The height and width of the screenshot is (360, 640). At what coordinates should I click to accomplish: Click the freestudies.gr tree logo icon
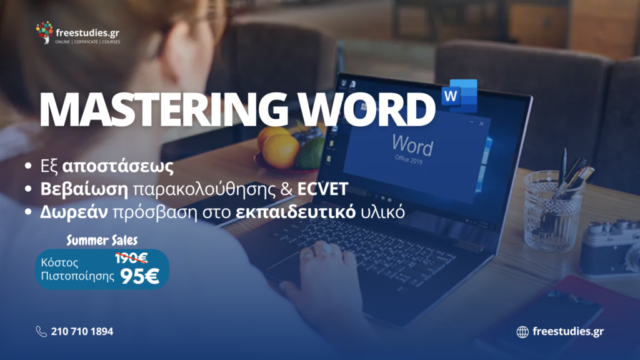point(44,32)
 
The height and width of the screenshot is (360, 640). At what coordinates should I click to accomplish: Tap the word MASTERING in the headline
point(164,109)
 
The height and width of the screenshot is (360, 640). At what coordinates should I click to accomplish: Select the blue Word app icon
point(459,96)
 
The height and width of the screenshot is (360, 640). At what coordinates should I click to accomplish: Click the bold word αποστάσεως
point(118,166)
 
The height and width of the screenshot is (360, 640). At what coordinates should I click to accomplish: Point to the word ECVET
point(322,189)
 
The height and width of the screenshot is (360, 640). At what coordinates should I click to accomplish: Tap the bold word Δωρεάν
point(74,212)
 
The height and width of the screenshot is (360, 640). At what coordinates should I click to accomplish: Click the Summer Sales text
point(102,240)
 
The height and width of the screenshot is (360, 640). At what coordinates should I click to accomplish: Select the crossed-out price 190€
point(131,258)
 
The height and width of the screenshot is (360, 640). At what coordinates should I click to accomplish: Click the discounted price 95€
point(139,276)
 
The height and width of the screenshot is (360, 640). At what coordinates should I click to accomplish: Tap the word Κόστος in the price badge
point(59,262)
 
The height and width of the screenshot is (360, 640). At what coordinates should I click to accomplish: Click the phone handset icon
point(41,331)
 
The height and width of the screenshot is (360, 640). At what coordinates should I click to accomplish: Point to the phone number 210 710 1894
point(82,331)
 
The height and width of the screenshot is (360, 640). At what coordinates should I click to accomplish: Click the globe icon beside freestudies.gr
point(522,332)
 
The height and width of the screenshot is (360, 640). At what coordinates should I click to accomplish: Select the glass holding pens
point(552,210)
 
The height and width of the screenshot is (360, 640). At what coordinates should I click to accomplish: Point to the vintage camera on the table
point(610,248)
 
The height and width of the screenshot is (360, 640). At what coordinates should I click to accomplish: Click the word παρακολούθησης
point(212,189)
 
